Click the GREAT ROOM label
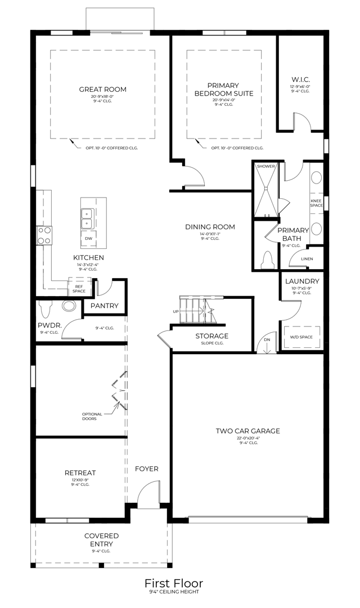(102, 89)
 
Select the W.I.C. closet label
(300, 79)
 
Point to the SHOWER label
(265, 167)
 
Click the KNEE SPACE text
(316, 203)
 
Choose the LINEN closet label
(307, 259)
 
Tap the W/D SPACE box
(302, 337)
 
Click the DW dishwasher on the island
(88, 239)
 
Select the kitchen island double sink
(88, 218)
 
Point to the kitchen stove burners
(44, 235)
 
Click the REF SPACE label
(79, 288)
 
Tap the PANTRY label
(105, 306)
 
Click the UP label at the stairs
(175, 311)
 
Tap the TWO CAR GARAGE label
(247, 431)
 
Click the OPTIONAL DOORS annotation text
(92, 417)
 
